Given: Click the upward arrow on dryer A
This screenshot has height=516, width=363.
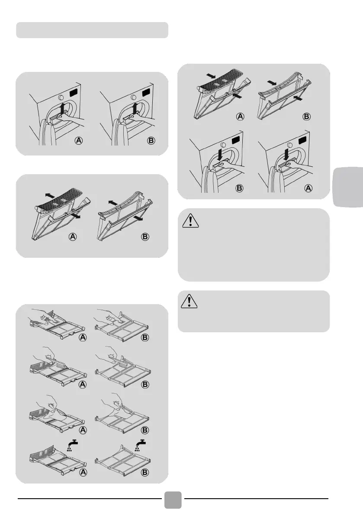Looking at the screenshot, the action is [62, 109].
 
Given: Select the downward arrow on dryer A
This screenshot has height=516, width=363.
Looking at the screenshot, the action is [220, 154].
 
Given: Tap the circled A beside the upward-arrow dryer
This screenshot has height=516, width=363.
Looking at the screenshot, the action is [78, 140].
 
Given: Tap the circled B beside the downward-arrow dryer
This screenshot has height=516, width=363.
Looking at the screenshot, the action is [240, 188].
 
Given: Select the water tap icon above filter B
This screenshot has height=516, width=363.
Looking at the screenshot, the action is [141, 445].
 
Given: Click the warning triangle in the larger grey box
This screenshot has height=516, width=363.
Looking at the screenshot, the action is [190, 221].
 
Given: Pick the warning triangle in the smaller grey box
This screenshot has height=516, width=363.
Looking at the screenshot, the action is [189, 301].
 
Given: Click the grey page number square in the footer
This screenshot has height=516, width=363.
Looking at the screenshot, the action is [173, 500].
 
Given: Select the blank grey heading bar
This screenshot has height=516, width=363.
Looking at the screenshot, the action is [92, 30].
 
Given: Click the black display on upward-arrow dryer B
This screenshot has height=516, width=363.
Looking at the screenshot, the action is [147, 92].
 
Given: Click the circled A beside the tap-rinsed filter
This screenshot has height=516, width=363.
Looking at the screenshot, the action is [83, 472].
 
